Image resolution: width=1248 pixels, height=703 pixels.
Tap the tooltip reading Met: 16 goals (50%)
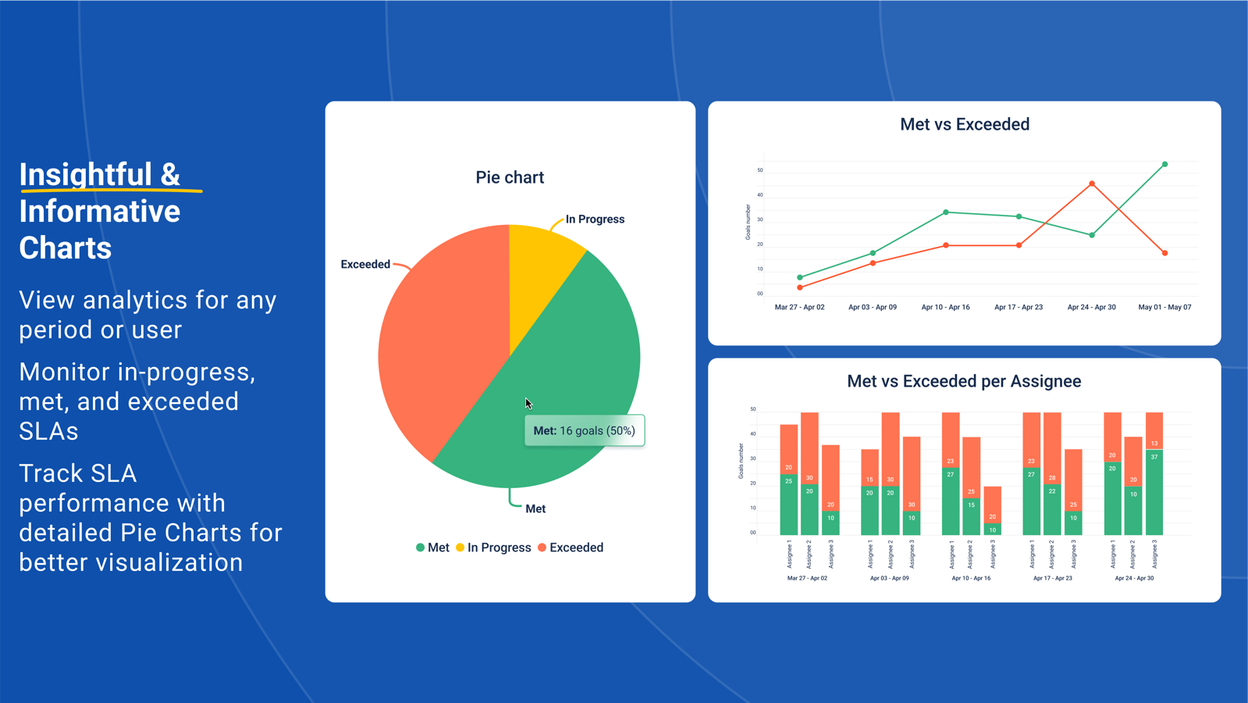coord(585,430)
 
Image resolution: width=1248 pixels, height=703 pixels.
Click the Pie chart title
coord(510,177)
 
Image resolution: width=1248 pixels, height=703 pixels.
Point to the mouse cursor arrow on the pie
coord(528,403)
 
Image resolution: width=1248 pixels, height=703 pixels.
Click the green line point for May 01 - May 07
coord(1164,165)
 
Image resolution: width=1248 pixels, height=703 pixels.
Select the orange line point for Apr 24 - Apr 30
coord(1092,184)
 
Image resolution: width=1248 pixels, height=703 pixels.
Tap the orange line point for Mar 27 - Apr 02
coord(800,287)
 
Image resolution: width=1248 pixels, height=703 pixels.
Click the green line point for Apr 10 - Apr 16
coord(946,212)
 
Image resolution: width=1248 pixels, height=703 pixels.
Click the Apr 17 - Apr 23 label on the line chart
coord(1018,307)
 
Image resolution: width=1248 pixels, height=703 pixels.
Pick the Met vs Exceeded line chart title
coord(964,124)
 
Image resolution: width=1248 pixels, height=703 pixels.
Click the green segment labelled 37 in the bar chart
coord(1154,492)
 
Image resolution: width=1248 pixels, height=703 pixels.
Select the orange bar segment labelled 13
coord(1154,431)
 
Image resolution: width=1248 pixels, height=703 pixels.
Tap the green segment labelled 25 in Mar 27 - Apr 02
coord(788,504)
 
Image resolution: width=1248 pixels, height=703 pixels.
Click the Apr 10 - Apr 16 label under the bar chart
coord(971,578)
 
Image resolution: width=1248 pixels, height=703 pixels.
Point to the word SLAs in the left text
coord(48,431)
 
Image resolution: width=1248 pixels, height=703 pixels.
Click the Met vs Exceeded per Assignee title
coord(964,381)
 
